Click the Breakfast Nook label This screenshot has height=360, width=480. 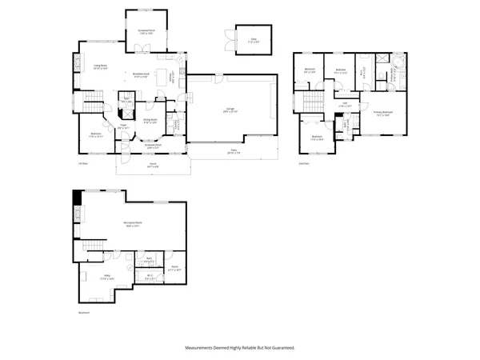click(x=143, y=77)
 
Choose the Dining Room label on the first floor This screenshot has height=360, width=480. click(x=150, y=122)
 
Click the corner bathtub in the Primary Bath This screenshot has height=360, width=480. click(x=397, y=61)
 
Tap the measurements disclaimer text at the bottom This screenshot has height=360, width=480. click(x=239, y=348)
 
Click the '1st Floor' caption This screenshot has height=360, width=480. click(x=82, y=165)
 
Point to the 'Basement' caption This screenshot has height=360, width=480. click(x=84, y=313)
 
